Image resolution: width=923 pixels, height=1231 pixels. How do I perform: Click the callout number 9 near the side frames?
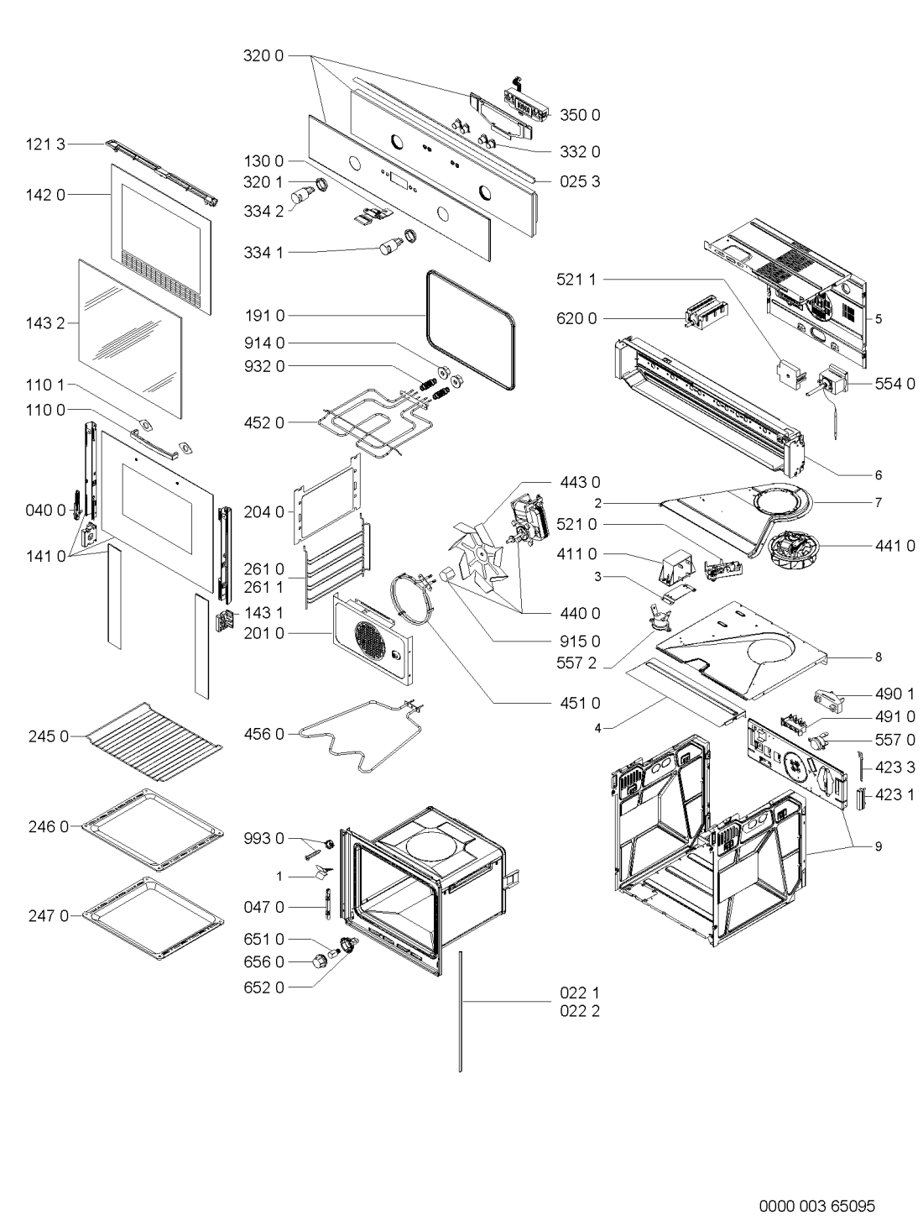(879, 846)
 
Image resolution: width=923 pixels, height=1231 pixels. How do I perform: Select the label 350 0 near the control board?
(579, 114)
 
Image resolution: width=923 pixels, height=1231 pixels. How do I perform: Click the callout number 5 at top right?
(879, 318)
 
